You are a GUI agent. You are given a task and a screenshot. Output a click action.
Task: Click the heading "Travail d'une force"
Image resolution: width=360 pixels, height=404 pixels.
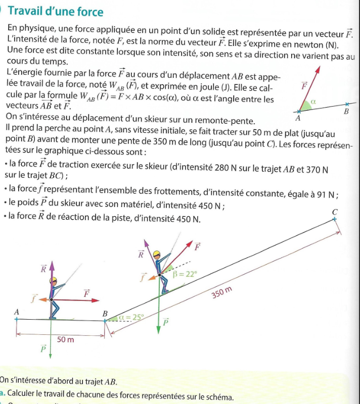[56, 12]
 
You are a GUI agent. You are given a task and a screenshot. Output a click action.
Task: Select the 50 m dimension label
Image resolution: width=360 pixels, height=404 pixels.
[65, 339]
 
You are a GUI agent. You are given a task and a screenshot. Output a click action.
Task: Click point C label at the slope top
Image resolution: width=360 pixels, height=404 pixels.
[334, 212]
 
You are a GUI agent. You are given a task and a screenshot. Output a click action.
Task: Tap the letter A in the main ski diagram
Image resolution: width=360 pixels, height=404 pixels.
[17, 313]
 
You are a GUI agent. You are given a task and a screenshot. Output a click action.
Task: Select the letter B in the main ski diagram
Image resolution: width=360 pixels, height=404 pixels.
[105, 314]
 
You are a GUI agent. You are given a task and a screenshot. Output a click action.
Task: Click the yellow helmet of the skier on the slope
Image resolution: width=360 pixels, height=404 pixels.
[158, 254]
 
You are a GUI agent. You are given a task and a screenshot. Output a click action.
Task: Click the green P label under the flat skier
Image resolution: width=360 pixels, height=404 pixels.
[43, 348]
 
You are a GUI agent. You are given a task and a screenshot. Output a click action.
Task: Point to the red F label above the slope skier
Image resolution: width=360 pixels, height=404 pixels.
[197, 247]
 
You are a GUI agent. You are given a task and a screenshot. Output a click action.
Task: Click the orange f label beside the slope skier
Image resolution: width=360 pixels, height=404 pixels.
[143, 276]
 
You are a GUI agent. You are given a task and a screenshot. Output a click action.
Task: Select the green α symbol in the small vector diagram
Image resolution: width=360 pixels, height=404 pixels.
[314, 102]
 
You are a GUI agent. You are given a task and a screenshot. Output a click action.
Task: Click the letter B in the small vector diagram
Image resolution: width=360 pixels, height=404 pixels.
[346, 111]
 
